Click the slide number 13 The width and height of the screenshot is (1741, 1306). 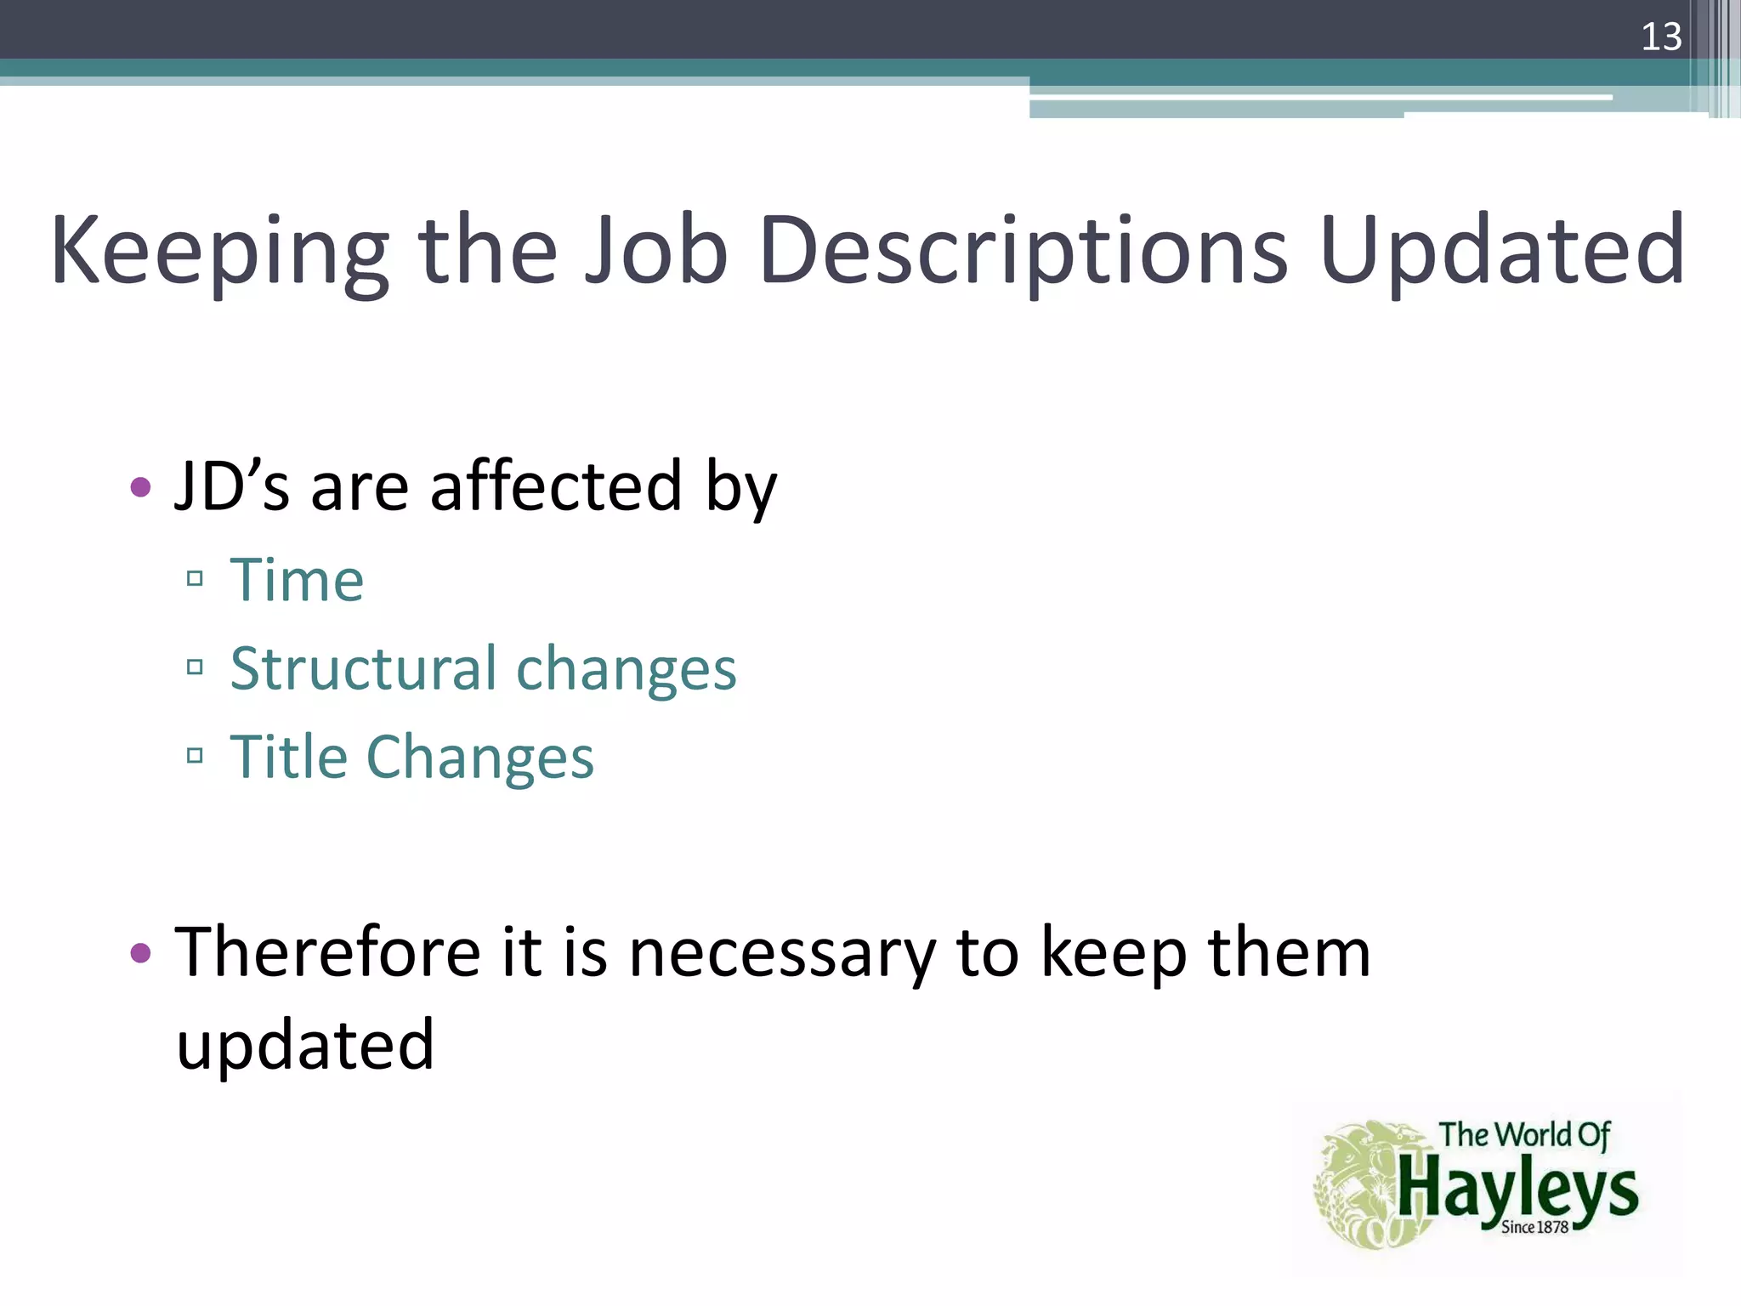[x=1660, y=37]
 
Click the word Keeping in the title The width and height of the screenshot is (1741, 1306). [x=219, y=252]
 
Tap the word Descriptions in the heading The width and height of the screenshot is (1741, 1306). [x=1024, y=252]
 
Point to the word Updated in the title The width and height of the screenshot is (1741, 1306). [x=1501, y=252]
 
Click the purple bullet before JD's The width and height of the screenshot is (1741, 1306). [x=141, y=487]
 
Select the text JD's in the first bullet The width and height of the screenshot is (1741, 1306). [x=231, y=485]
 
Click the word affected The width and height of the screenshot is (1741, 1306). [x=556, y=485]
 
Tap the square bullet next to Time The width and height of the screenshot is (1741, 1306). [x=195, y=579]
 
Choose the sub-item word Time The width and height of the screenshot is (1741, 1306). [x=297, y=580]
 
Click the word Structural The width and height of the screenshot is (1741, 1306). [x=363, y=668]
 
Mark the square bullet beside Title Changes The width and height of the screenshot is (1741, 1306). [x=195, y=755]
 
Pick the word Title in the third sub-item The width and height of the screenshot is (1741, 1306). [x=289, y=756]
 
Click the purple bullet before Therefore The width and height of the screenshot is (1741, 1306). [x=141, y=952]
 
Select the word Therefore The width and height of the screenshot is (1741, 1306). [x=328, y=952]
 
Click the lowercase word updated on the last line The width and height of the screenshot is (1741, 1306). [x=305, y=1044]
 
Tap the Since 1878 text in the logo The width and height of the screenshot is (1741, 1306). [x=1534, y=1227]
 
